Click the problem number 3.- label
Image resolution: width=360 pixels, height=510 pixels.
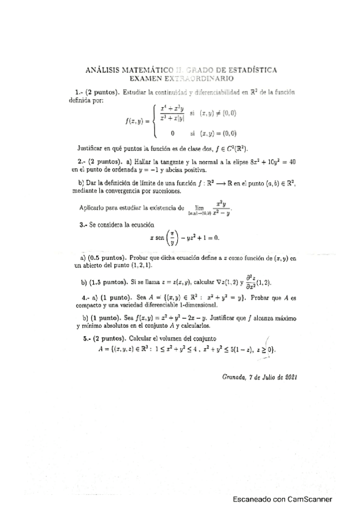coord(84,224)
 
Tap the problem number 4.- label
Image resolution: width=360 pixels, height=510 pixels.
coord(85,298)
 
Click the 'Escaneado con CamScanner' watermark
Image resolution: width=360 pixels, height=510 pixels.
coord(282,499)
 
